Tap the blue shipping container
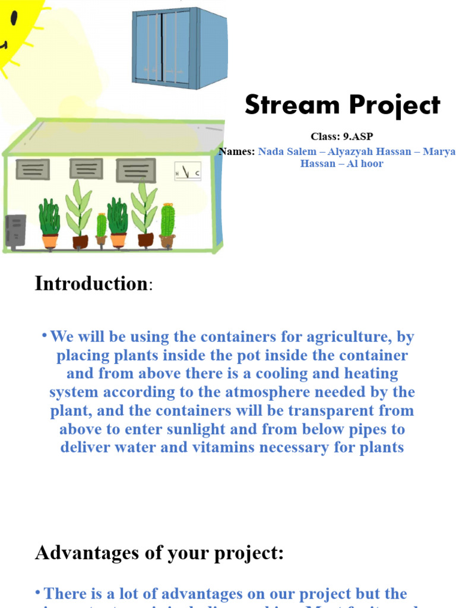(x=179, y=47)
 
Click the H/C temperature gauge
(x=187, y=172)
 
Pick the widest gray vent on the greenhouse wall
(x=135, y=170)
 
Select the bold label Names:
(x=237, y=151)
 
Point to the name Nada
(x=272, y=151)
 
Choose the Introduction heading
(x=91, y=284)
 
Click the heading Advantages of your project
(x=159, y=553)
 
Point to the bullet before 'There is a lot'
(x=38, y=593)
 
